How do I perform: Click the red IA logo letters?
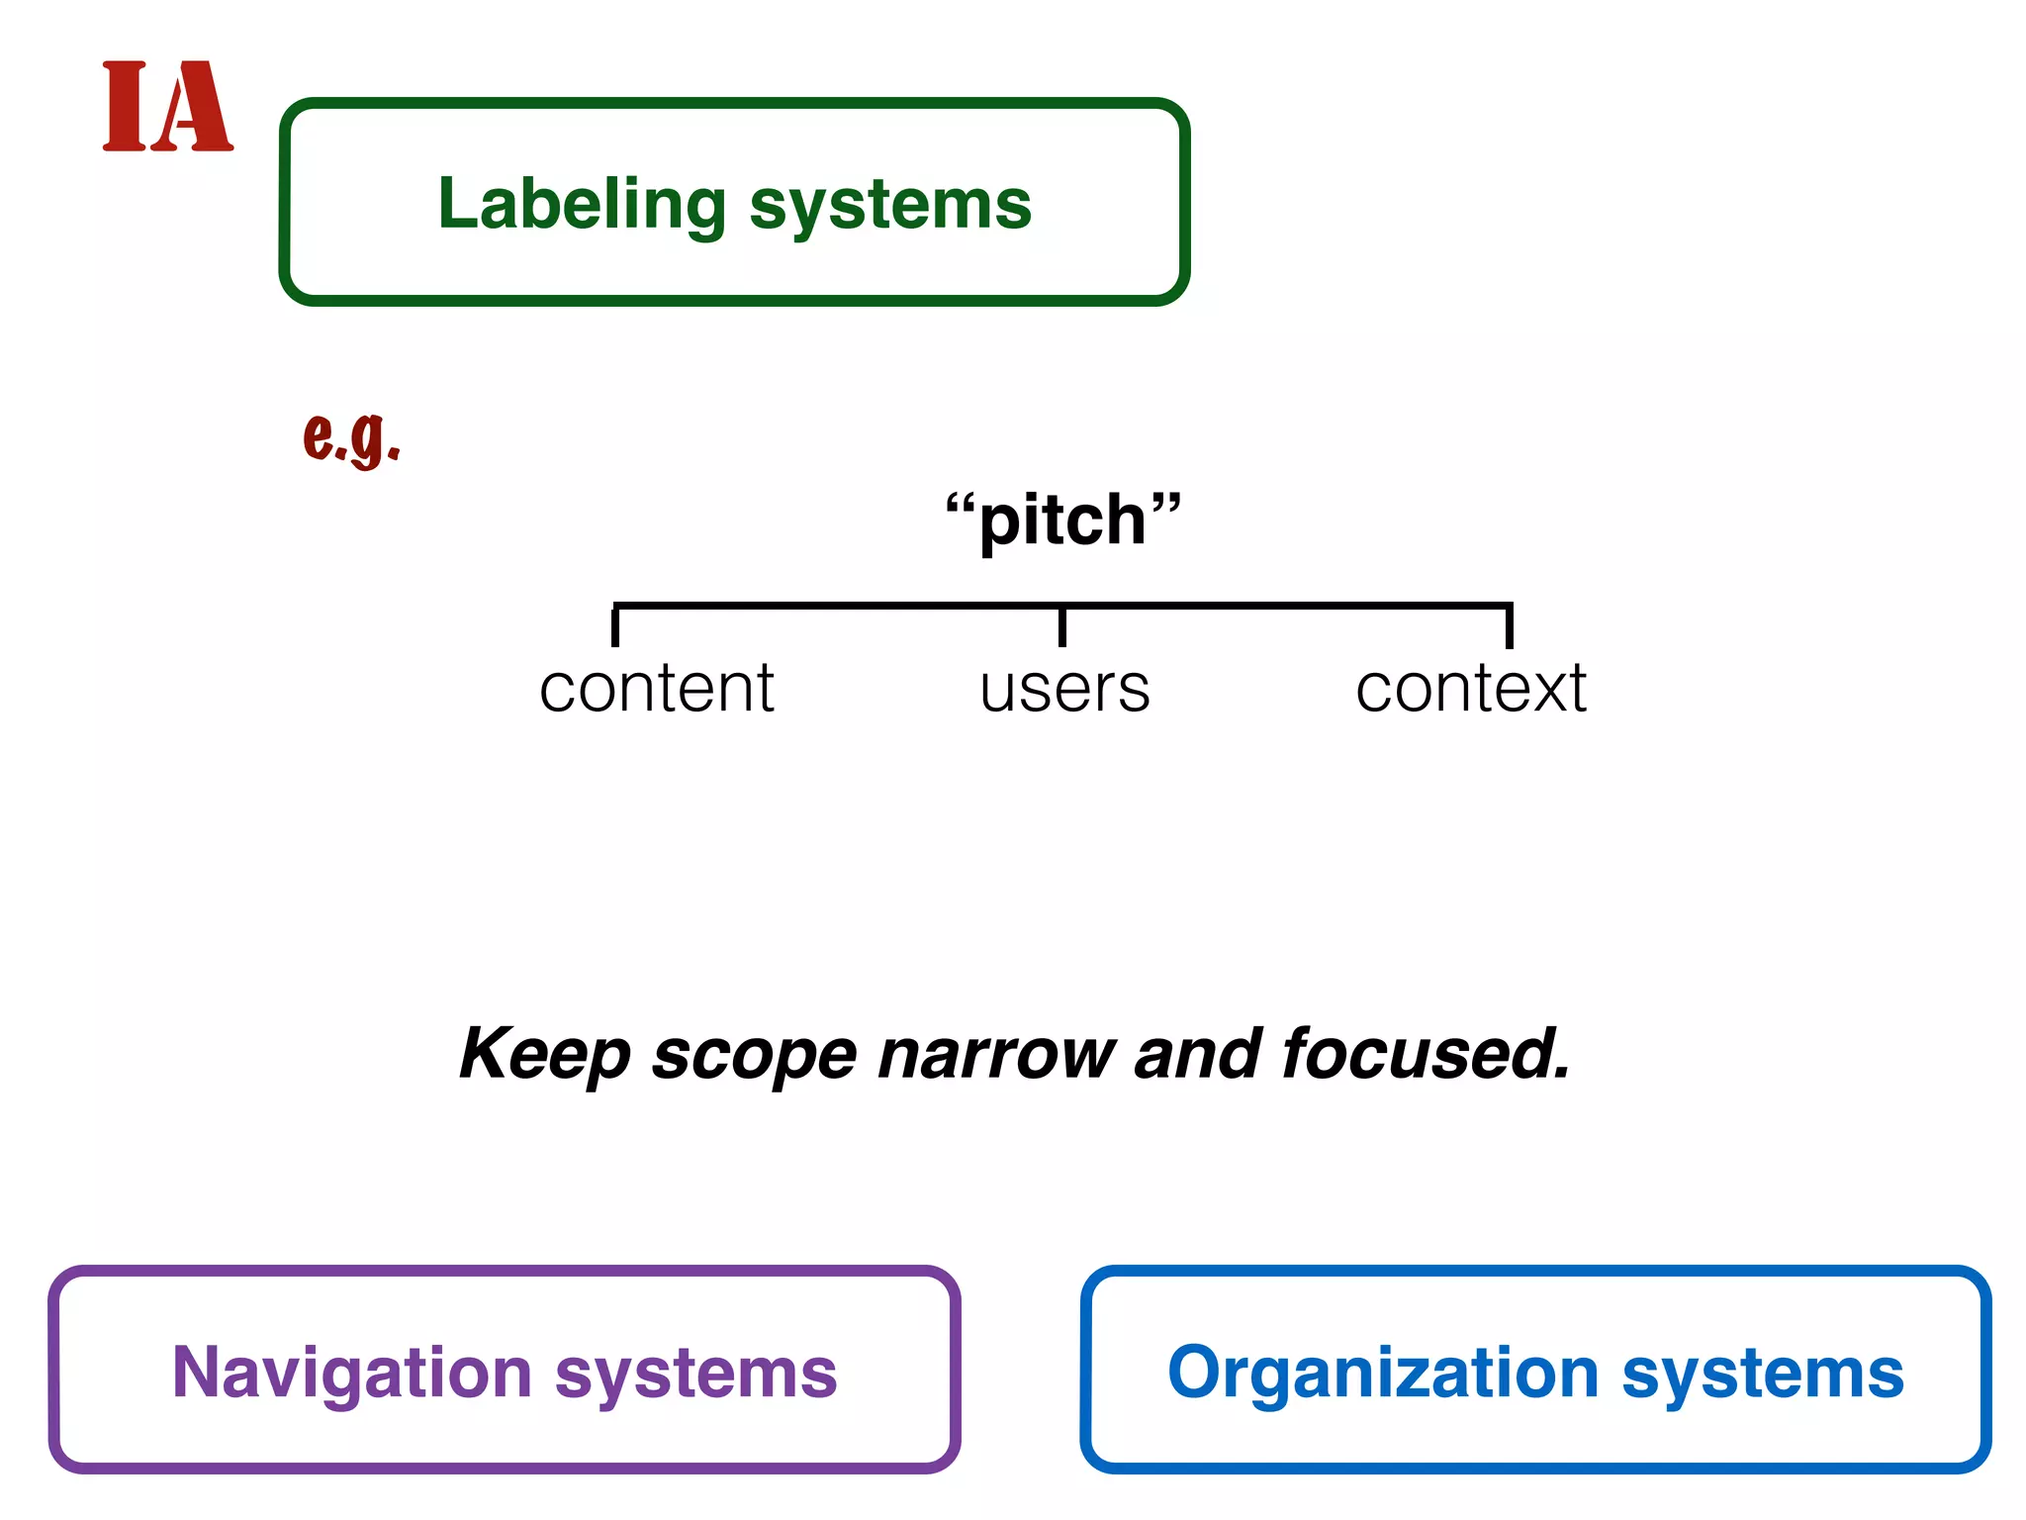click(167, 107)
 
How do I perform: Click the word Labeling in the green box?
click(582, 204)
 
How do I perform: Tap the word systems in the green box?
click(890, 204)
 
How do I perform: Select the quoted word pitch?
click(1062, 521)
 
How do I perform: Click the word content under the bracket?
click(657, 689)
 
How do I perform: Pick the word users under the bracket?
click(1064, 690)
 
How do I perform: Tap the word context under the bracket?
click(1470, 689)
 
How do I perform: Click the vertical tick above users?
click(1062, 625)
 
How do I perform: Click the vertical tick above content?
click(615, 625)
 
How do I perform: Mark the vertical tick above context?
click(1510, 625)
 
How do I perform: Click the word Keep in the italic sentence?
click(544, 1054)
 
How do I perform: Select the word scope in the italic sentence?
click(754, 1055)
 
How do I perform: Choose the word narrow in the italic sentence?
click(996, 1054)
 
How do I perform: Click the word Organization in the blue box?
click(1382, 1373)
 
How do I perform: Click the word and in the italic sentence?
click(1197, 1054)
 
